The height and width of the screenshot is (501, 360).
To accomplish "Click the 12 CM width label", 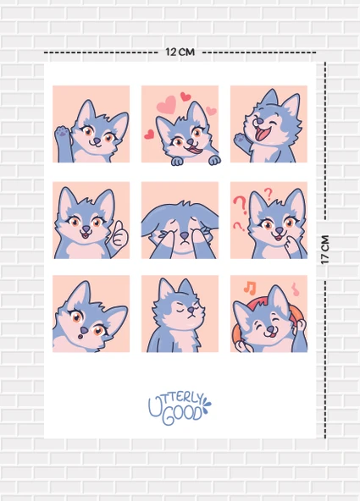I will (x=180, y=52).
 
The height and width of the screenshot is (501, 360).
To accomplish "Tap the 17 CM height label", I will (x=326, y=249).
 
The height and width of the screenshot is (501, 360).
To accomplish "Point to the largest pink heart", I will (x=167, y=105).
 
